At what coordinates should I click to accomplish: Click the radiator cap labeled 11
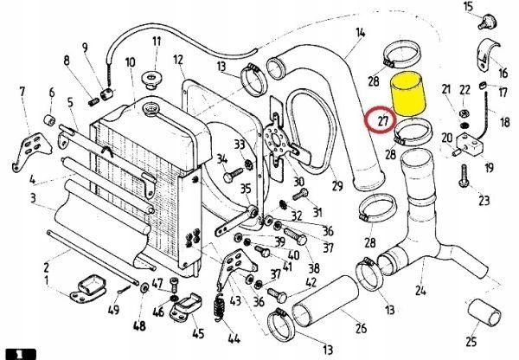coord(156,80)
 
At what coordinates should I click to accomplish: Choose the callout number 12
coord(178,60)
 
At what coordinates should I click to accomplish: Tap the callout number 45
coord(198,332)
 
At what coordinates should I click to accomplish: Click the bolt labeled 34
coord(230,176)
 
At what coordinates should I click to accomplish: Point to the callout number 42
coord(311,281)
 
